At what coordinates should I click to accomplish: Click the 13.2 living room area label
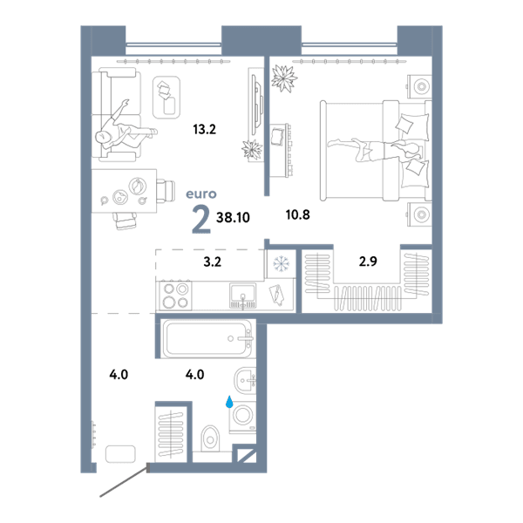pos(205,129)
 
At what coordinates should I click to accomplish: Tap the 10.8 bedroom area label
pos(298,214)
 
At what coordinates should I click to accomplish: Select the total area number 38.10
pos(233,217)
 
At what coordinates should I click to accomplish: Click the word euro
pos(200,194)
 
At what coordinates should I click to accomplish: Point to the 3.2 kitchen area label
pos(213,261)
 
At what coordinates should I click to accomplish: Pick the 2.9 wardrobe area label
pos(368,261)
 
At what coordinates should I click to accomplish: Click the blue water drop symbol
pos(229,402)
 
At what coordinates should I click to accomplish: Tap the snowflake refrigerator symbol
pos(282,263)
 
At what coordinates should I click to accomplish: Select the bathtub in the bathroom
pos(207,338)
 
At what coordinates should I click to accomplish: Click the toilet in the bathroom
pos(210,438)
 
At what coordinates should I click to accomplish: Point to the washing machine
pos(242,417)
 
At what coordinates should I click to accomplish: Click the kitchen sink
pos(243,295)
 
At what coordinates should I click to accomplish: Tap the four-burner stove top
pos(174,295)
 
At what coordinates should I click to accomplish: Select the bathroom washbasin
pos(245,381)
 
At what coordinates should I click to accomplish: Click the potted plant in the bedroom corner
pos(284,78)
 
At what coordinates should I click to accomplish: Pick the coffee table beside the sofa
pos(166,98)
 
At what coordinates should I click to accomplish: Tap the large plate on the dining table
pos(138,186)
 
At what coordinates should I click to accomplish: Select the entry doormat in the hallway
pos(120,454)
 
